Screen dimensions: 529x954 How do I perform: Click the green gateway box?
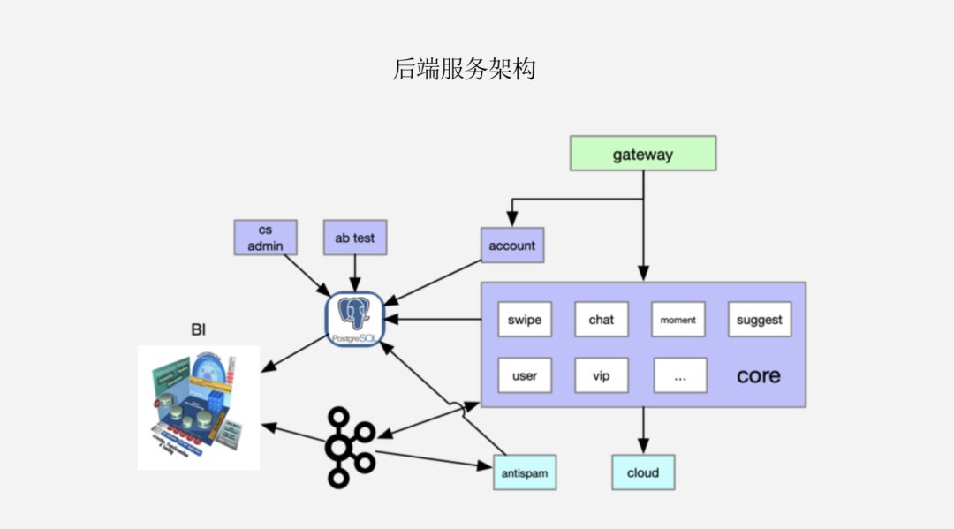[x=642, y=153]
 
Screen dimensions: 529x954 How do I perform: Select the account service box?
[x=511, y=245]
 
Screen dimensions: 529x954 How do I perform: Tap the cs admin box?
[x=265, y=238]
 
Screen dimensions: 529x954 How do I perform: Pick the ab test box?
[x=354, y=238]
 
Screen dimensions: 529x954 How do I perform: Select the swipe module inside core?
[x=525, y=320]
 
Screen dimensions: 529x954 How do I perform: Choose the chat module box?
[x=601, y=320]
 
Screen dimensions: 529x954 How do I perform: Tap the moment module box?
[x=678, y=320]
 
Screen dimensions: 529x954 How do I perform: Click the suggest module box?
[x=759, y=320]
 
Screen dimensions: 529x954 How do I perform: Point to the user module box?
[x=525, y=375]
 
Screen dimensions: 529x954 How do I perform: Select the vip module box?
[x=601, y=375]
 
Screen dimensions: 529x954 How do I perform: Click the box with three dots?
[x=680, y=375]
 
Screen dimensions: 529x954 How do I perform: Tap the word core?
[x=758, y=375]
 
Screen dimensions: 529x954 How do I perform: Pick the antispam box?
[x=525, y=472]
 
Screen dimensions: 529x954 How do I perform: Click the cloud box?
[x=642, y=472]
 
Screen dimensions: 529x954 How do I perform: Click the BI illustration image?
[x=199, y=407]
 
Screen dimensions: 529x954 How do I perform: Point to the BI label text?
[x=198, y=330]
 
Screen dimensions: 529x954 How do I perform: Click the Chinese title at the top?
[x=464, y=70]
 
